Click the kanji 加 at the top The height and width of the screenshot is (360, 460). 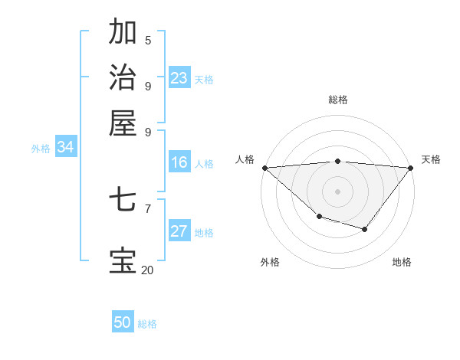coord(123,32)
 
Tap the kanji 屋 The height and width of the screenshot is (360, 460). coord(123,123)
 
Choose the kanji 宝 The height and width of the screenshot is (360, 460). coord(123,260)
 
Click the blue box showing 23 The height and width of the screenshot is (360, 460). coord(179,78)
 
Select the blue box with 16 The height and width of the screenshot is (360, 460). coord(179,162)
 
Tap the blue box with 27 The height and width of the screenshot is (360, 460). coord(179,231)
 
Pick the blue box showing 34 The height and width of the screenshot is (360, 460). coord(65,148)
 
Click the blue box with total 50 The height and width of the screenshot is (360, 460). coord(123,322)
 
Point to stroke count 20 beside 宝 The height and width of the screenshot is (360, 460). coord(147,270)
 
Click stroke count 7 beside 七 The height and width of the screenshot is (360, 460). coord(148,208)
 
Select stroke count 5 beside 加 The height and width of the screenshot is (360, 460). coord(148,40)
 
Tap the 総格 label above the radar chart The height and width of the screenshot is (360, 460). coord(338,100)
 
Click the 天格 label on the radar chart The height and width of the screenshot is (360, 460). coord(431,159)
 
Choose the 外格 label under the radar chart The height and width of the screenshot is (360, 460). coord(270,262)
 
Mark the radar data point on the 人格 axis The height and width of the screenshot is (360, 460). coord(264,167)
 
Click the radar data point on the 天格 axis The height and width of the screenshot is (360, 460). coord(411,167)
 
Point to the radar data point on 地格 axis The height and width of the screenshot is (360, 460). coord(365,229)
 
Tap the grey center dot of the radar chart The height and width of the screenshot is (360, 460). coord(338,191)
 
